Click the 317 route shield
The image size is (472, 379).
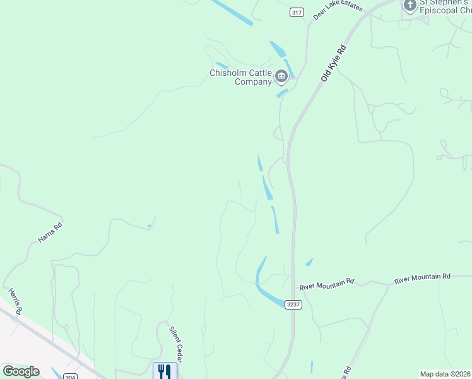click(x=297, y=12)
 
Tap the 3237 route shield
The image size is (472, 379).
click(x=293, y=304)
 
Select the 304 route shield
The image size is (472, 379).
click(x=71, y=376)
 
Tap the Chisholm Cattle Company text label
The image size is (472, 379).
click(x=240, y=77)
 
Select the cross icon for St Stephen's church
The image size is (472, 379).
click(x=410, y=6)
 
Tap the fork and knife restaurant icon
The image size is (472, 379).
click(x=165, y=371)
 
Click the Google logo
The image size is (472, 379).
click(x=21, y=371)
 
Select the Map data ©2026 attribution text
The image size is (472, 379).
click(x=445, y=374)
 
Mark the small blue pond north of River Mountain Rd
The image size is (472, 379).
click(x=309, y=262)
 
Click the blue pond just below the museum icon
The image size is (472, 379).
click(x=282, y=93)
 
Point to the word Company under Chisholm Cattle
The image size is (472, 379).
click(x=253, y=81)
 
